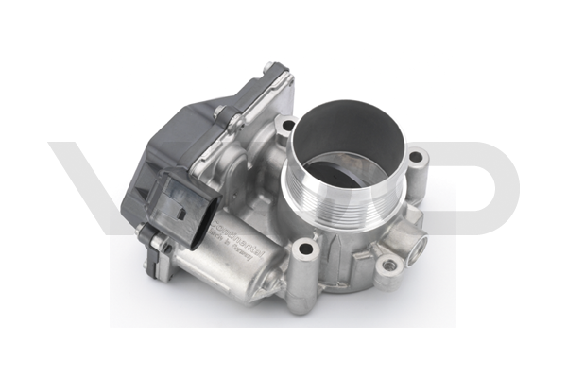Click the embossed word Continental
231,226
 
